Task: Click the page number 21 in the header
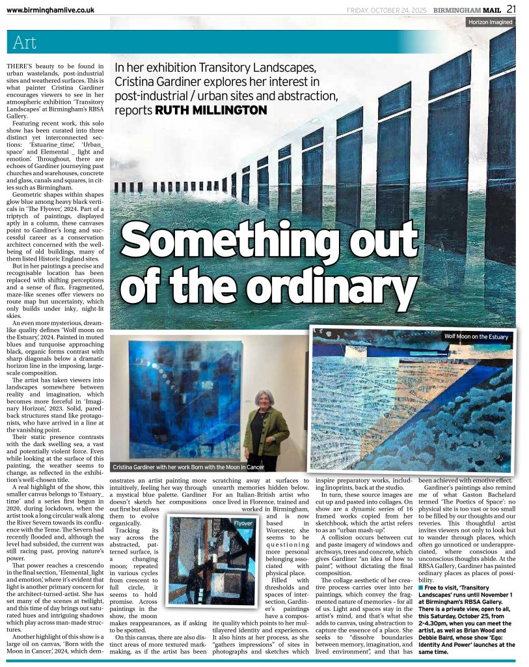tap(511, 9)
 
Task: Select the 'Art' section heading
tap(25, 43)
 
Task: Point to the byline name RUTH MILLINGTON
tap(211, 111)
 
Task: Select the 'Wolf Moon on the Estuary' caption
tap(476, 336)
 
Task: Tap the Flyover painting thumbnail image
tap(214, 560)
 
